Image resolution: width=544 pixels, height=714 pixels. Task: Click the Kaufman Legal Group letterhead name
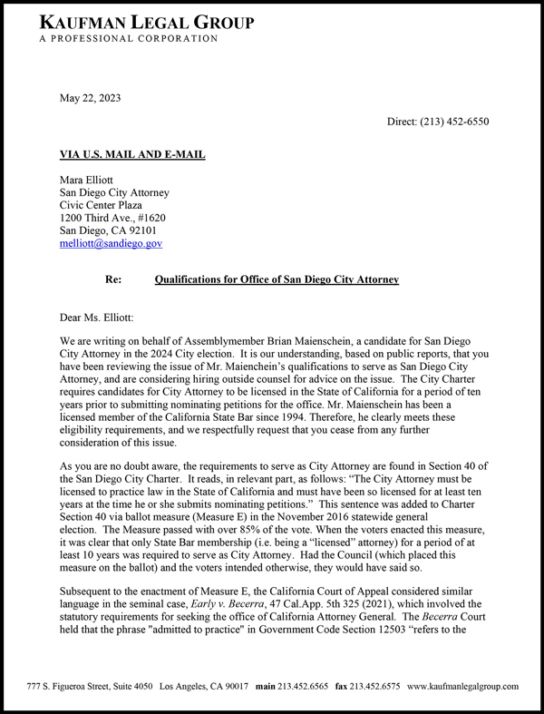click(x=146, y=21)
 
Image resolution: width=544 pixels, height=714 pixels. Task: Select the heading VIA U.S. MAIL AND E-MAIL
click(x=131, y=155)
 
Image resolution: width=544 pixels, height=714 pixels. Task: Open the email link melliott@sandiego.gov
click(x=111, y=243)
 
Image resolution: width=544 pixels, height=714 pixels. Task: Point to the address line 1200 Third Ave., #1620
click(x=112, y=218)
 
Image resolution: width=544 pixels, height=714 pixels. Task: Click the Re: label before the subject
click(x=114, y=280)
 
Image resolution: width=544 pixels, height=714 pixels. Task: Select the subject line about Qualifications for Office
click(x=277, y=280)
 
